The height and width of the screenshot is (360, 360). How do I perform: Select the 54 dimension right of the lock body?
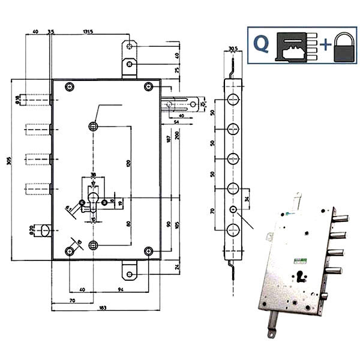tap(176, 122)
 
